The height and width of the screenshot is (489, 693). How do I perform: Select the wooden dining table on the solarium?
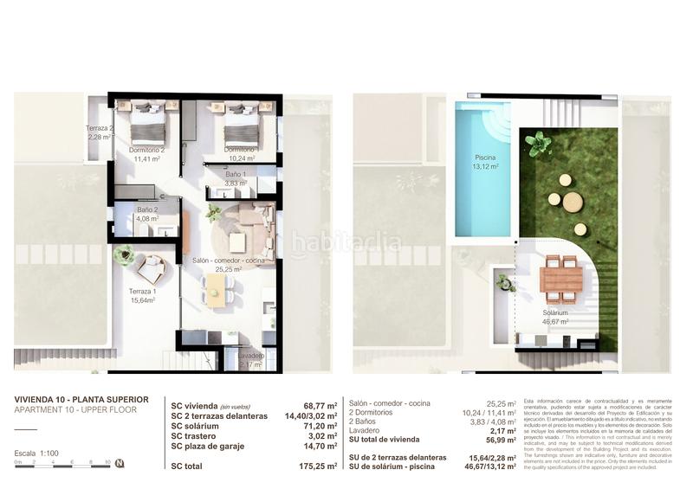tap(561, 279)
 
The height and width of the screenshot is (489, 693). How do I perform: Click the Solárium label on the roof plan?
tap(555, 317)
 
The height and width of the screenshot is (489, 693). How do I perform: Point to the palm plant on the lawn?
tap(539, 143)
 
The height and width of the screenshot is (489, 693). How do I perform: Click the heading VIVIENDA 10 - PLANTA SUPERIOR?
tap(81, 399)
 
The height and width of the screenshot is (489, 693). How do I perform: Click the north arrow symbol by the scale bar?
tap(120, 463)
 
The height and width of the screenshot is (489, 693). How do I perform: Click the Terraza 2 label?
tap(99, 132)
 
